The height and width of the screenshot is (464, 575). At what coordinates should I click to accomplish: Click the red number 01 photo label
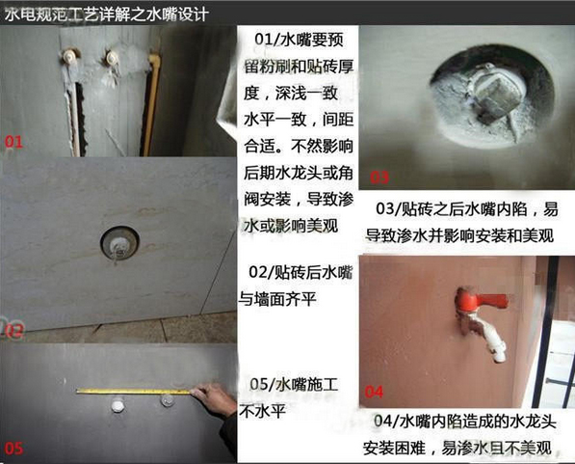13,142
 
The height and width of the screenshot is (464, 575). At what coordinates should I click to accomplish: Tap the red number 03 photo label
379,177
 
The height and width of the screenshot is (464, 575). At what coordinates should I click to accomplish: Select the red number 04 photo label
374,392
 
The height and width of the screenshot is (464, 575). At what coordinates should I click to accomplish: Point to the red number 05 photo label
14,449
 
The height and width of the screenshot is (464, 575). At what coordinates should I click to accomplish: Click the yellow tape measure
133,392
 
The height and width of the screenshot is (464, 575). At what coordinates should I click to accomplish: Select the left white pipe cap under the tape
118,405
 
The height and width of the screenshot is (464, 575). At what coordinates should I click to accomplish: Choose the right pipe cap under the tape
168,400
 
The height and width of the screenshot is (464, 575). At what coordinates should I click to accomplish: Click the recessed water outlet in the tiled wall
119,243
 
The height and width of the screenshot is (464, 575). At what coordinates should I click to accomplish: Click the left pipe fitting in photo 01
69,57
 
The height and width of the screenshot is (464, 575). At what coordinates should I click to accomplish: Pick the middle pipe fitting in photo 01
112,59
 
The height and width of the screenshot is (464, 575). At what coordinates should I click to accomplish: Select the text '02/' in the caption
261,273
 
